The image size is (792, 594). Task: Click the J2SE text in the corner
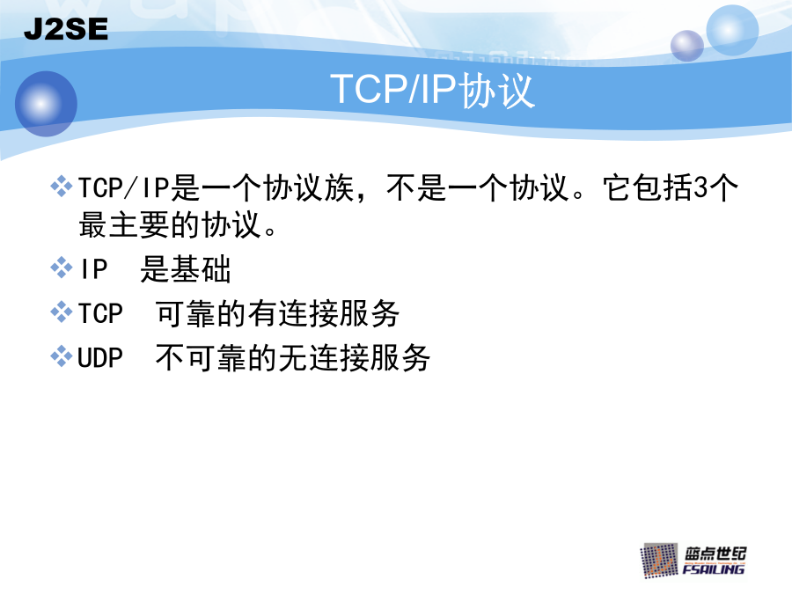(66, 29)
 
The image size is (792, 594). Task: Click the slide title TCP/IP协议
(432, 90)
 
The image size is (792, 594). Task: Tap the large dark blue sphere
(46, 104)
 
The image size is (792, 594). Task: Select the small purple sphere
(687, 46)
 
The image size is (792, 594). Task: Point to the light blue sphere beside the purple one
(732, 30)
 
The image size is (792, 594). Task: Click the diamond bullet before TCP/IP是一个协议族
(62, 187)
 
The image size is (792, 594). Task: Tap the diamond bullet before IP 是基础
(62, 268)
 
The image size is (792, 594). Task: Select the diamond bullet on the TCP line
(62, 312)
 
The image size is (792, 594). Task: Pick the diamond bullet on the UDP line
(62, 356)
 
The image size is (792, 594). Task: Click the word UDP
(100, 357)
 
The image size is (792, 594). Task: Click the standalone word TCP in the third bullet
(100, 313)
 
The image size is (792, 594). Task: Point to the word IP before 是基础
(94, 268)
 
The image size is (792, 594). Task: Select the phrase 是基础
(186, 268)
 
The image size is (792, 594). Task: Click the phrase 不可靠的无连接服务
(293, 357)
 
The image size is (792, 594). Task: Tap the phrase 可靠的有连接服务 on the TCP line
(277, 313)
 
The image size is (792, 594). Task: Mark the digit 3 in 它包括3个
(701, 187)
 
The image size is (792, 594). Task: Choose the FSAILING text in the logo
(713, 569)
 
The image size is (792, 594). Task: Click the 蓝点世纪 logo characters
(715, 554)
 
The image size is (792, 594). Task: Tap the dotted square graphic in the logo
(659, 561)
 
